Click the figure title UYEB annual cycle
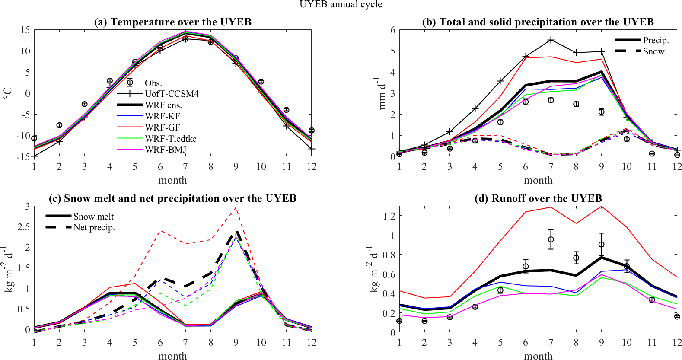tap(341, 5)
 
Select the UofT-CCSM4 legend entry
tap(172, 94)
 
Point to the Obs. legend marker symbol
tap(130, 82)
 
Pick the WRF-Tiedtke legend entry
tap(170, 139)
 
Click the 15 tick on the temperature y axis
tap(25, 30)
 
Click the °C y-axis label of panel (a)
tap(7, 93)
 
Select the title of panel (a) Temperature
tap(172, 22)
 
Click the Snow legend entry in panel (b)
tap(653, 51)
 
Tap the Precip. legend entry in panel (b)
tap(656, 40)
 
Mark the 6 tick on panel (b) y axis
tap(392, 30)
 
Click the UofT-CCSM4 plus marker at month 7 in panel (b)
tap(551, 40)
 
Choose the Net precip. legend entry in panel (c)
tap(94, 228)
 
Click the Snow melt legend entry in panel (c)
tap(93, 217)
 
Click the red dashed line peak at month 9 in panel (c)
tap(236, 208)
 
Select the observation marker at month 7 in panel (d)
tap(551, 239)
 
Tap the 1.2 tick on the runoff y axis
tap(389, 216)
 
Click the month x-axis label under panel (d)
tap(538, 356)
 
